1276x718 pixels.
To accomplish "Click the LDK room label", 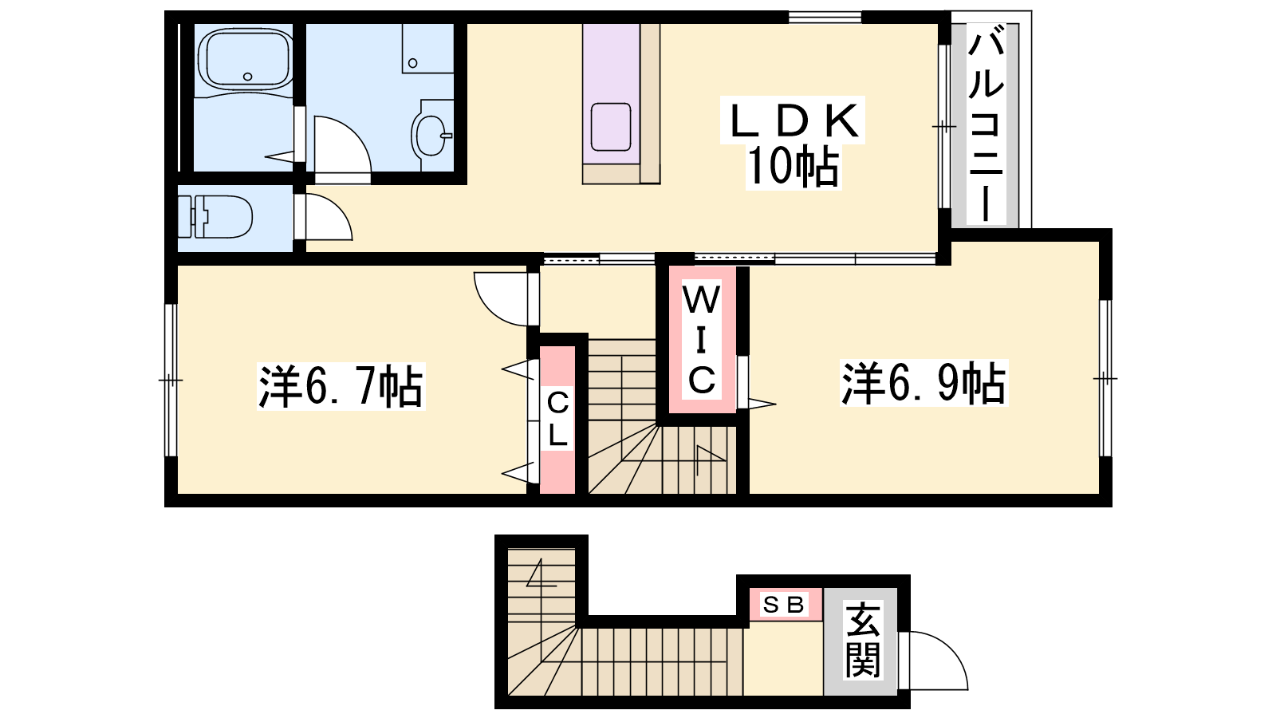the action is (x=794, y=120).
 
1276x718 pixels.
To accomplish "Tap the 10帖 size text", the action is (x=793, y=167).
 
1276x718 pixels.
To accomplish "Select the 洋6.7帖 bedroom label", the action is (x=341, y=386).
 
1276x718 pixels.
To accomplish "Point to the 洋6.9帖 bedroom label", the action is (x=924, y=383).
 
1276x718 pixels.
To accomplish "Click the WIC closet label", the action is (x=702, y=340).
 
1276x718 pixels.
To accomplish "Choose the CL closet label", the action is (x=557, y=419).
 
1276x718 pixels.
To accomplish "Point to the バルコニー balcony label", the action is (x=986, y=125).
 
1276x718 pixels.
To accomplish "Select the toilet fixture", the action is (x=215, y=217).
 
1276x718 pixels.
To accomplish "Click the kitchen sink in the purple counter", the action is (x=611, y=127).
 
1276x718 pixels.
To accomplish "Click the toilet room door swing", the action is (x=339, y=208).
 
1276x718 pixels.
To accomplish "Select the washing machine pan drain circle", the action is (x=412, y=63).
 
